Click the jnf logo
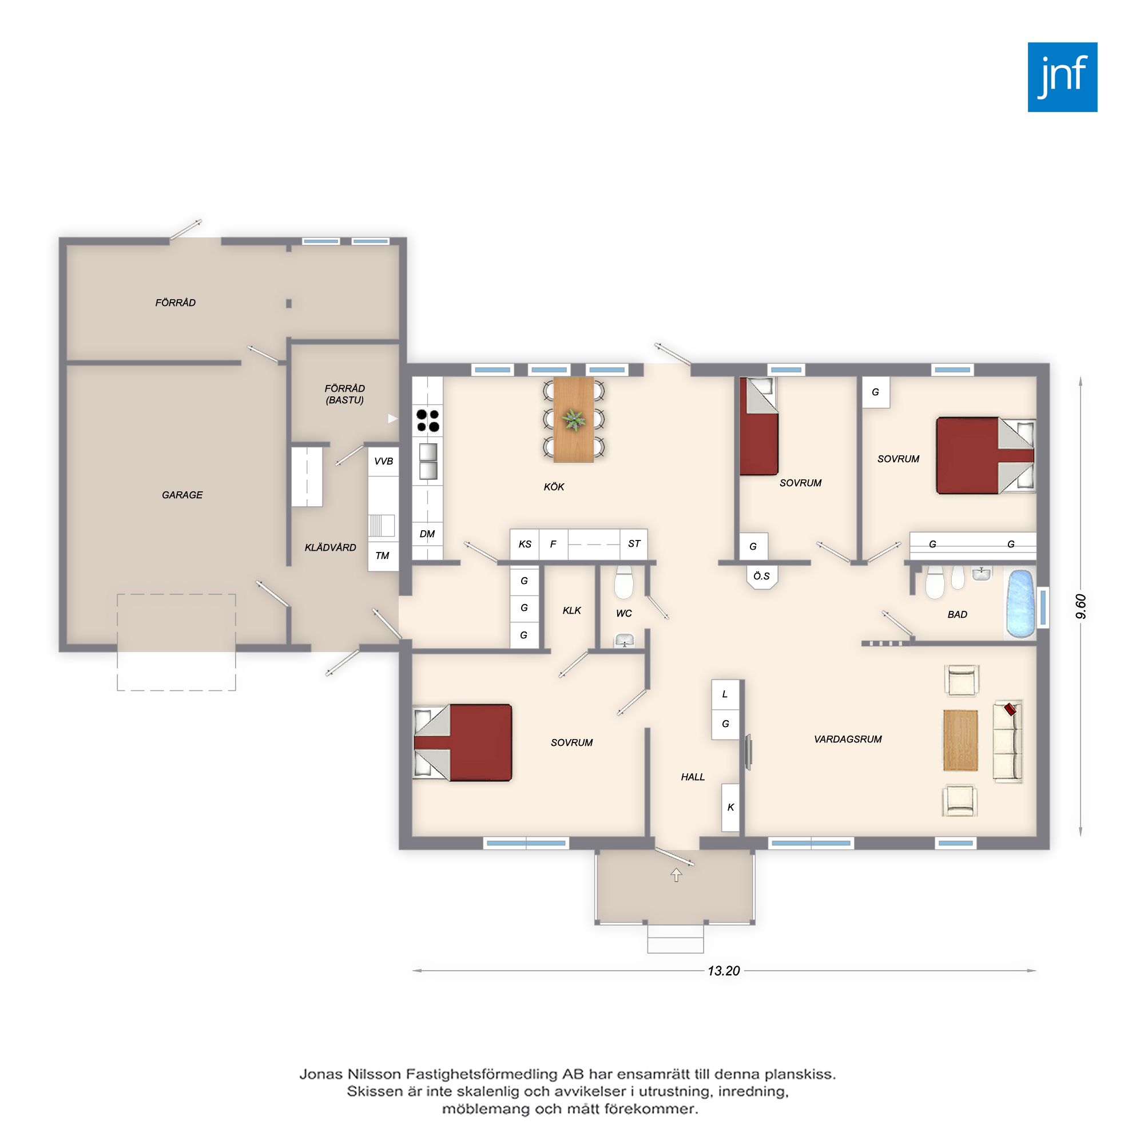point(1062,77)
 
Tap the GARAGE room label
point(182,495)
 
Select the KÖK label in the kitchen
point(554,487)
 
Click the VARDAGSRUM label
point(847,739)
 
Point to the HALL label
point(692,777)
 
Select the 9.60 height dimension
point(1081,606)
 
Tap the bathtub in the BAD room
point(1021,604)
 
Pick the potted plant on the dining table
point(573,420)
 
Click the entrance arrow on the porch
point(676,874)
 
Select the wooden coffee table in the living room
point(960,740)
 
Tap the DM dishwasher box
point(427,534)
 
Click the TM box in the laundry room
point(383,555)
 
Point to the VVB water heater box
point(383,461)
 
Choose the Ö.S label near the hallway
point(761,575)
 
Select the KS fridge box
point(525,543)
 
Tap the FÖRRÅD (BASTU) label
point(344,394)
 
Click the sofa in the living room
point(1007,741)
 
